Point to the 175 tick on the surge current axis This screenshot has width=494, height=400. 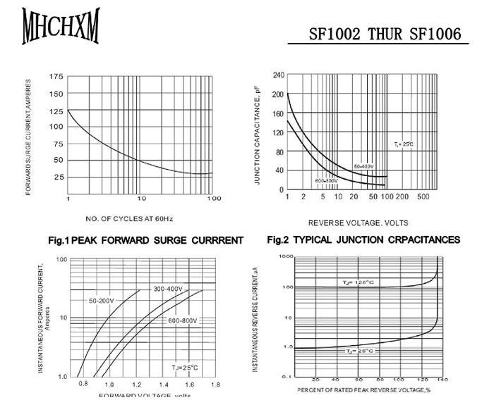point(56,76)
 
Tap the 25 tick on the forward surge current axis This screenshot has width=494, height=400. point(59,177)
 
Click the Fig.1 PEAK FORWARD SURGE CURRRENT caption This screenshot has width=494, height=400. point(145,240)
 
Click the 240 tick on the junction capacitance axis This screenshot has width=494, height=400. point(279,75)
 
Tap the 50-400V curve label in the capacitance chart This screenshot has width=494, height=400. point(364,166)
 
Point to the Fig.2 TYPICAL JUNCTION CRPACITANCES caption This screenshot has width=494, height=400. point(363,240)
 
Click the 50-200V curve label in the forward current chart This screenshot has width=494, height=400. point(101,301)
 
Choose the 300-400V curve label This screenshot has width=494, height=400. point(168,289)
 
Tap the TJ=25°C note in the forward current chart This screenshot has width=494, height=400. point(185,368)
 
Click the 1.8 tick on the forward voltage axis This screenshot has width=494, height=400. point(215,385)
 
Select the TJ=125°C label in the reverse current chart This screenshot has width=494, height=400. point(359,283)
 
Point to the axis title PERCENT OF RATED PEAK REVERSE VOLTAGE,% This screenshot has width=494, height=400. point(363,389)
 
